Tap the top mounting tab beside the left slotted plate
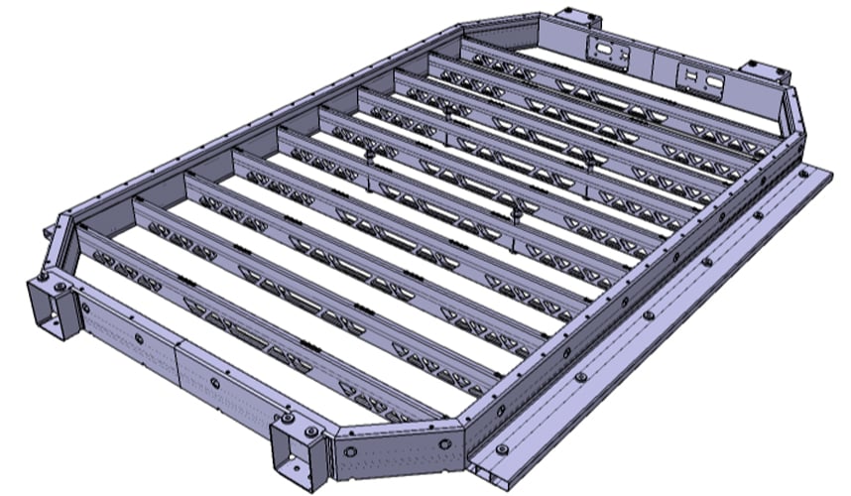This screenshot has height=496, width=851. [x=578, y=19]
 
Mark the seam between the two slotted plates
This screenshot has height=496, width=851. [x=653, y=63]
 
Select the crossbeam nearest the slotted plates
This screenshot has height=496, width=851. [x=615, y=94]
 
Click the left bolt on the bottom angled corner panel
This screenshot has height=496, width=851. [x=349, y=450]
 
